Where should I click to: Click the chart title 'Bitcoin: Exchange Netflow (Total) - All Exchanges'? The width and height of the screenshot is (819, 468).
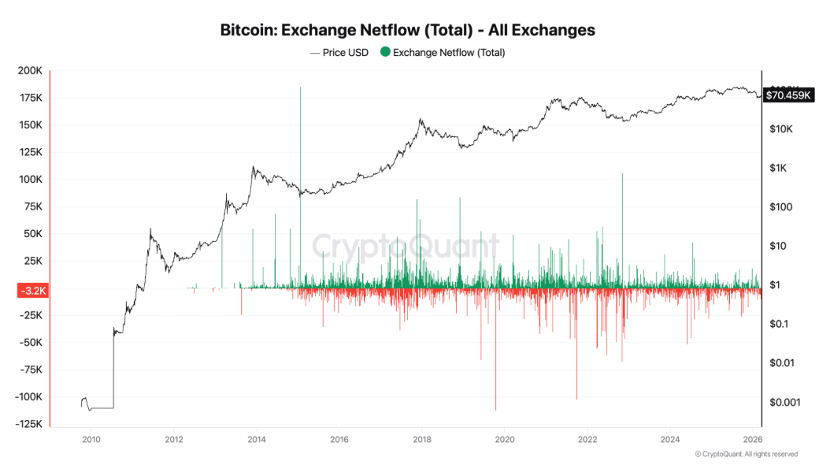coord(409,31)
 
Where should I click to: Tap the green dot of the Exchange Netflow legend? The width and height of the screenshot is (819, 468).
coord(385,53)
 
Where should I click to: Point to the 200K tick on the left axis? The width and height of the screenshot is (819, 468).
coord(30,71)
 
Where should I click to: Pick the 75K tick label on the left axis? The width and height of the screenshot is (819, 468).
coord(32,207)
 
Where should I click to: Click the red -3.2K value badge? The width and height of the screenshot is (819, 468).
coord(32,290)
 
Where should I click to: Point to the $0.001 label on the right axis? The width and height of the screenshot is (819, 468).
coord(784,402)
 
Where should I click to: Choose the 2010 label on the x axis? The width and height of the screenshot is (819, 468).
coord(91,439)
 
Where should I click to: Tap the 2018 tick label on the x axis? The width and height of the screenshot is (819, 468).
coord(422,439)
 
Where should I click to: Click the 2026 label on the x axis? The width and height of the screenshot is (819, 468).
coord(753,439)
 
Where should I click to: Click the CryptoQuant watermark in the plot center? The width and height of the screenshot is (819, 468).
coord(406,247)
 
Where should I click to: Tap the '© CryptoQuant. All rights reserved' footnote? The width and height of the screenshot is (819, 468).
coord(747,454)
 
